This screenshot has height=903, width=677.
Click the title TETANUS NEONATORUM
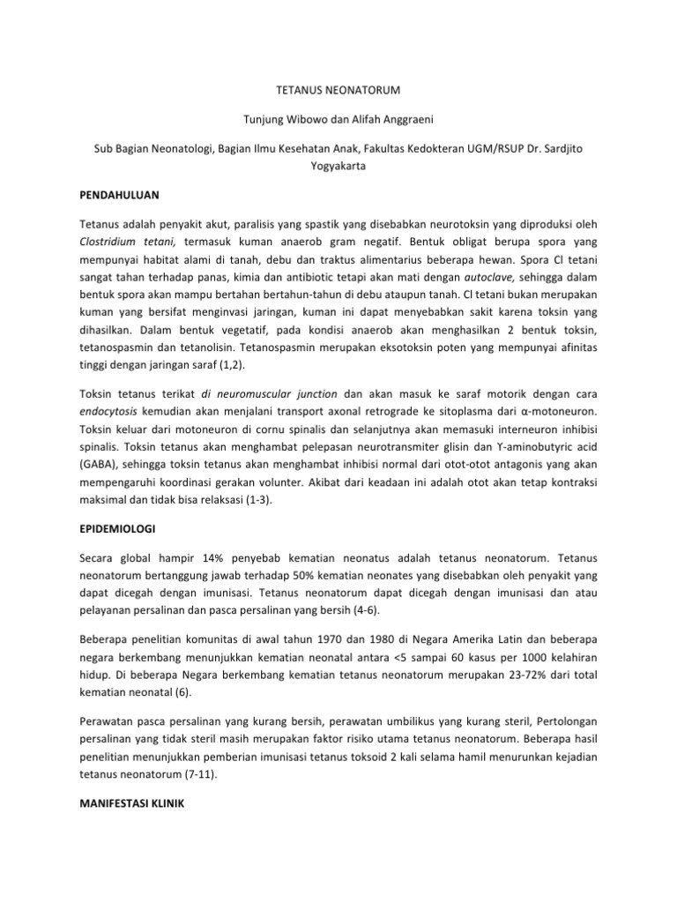pos(338,90)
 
